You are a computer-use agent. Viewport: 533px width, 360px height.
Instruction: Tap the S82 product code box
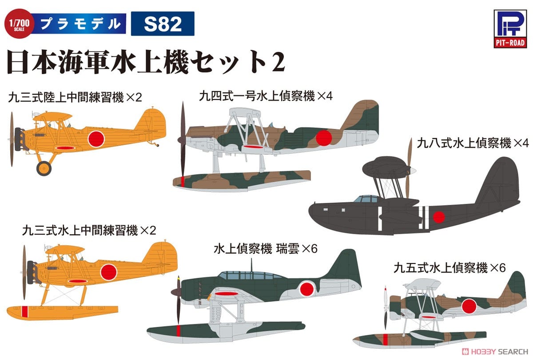pyautogui.click(x=163, y=24)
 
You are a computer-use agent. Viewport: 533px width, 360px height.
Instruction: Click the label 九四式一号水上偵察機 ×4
pyautogui.click(x=260, y=95)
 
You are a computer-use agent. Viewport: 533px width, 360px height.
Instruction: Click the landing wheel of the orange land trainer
pyautogui.click(x=44, y=168)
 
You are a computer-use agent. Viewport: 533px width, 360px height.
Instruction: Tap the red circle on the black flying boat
pyautogui.click(x=439, y=217)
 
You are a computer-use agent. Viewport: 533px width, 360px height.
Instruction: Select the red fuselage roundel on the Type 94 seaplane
pyautogui.click(x=324, y=137)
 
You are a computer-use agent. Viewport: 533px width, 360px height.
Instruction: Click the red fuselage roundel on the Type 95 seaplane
pyautogui.click(x=470, y=307)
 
